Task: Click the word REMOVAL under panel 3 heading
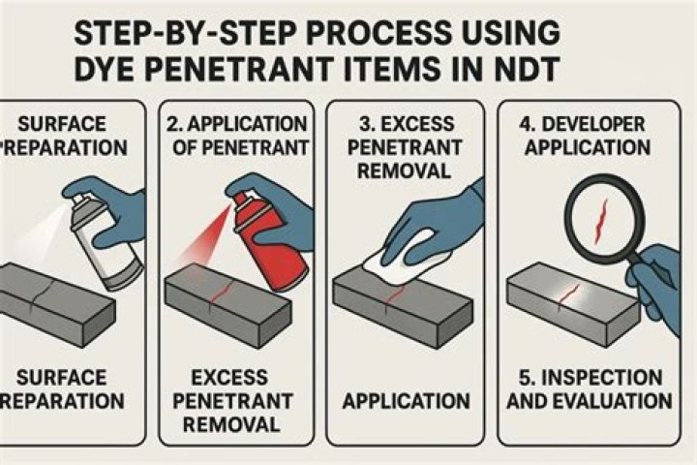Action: (x=404, y=170)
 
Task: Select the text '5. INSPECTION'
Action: (x=591, y=378)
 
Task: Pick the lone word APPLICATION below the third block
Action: (x=407, y=401)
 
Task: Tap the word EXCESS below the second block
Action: (x=229, y=378)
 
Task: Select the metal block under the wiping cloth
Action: (x=403, y=308)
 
